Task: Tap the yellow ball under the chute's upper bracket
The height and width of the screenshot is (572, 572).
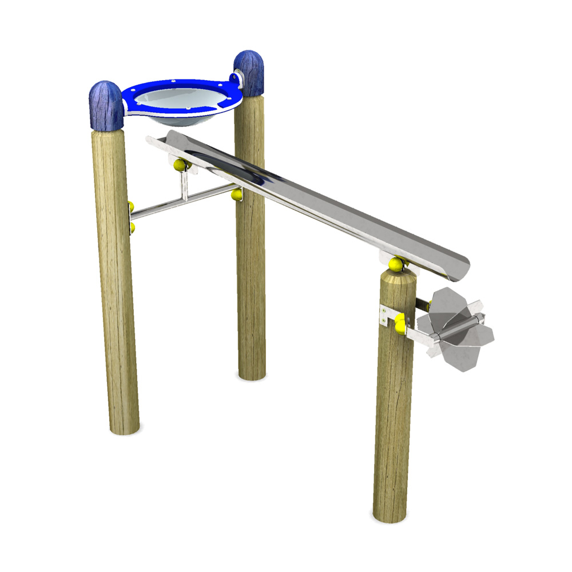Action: pos(181,165)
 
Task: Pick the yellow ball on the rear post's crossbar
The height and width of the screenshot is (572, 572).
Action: pos(236,195)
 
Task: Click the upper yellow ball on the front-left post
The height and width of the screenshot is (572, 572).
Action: pos(131,206)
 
